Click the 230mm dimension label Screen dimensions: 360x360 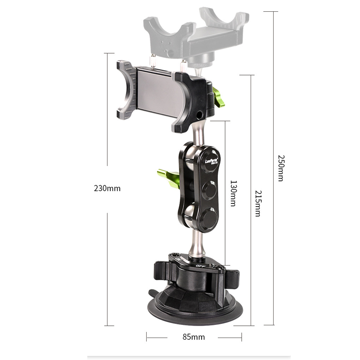pyautogui.click(x=107, y=188)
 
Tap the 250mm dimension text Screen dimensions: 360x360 pyautogui.click(x=280, y=168)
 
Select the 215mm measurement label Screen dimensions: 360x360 pyautogui.click(x=257, y=203)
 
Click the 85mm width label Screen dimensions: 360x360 pyautogui.click(x=194, y=337)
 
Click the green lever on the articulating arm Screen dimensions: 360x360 pyautogui.click(x=166, y=174)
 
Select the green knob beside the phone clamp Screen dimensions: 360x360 pyautogui.click(x=219, y=98)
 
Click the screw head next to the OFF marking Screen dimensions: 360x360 pyautogui.click(x=219, y=270)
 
